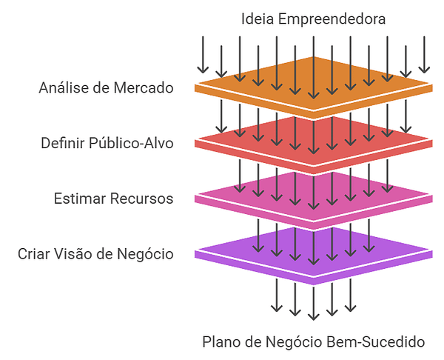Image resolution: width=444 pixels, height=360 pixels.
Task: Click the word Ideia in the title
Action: pyautogui.click(x=258, y=19)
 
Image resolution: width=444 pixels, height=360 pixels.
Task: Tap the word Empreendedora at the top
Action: pyautogui.click(x=332, y=20)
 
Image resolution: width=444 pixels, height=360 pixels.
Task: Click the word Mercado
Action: pyautogui.click(x=144, y=87)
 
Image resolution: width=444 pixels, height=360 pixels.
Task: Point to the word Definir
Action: pyautogui.click(x=63, y=142)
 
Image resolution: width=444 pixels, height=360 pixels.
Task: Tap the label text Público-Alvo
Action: pyautogui.click(x=131, y=142)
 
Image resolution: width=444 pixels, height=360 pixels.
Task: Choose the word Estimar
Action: pyautogui.click(x=80, y=198)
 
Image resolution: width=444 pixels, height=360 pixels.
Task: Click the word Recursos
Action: pyautogui.click(x=141, y=198)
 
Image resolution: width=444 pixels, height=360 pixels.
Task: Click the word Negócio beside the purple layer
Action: pyautogui.click(x=145, y=254)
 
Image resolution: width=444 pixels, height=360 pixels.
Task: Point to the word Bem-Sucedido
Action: pyautogui.click(x=376, y=341)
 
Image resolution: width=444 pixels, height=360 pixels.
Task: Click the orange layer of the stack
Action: pyautogui.click(x=314, y=87)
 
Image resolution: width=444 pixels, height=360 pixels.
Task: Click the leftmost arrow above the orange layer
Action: pyautogui.click(x=203, y=55)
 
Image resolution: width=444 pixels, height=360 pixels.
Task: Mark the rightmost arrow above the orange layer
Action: pyautogui.click(x=424, y=55)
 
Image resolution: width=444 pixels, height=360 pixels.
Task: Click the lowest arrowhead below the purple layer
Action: pyautogui.click(x=314, y=317)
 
